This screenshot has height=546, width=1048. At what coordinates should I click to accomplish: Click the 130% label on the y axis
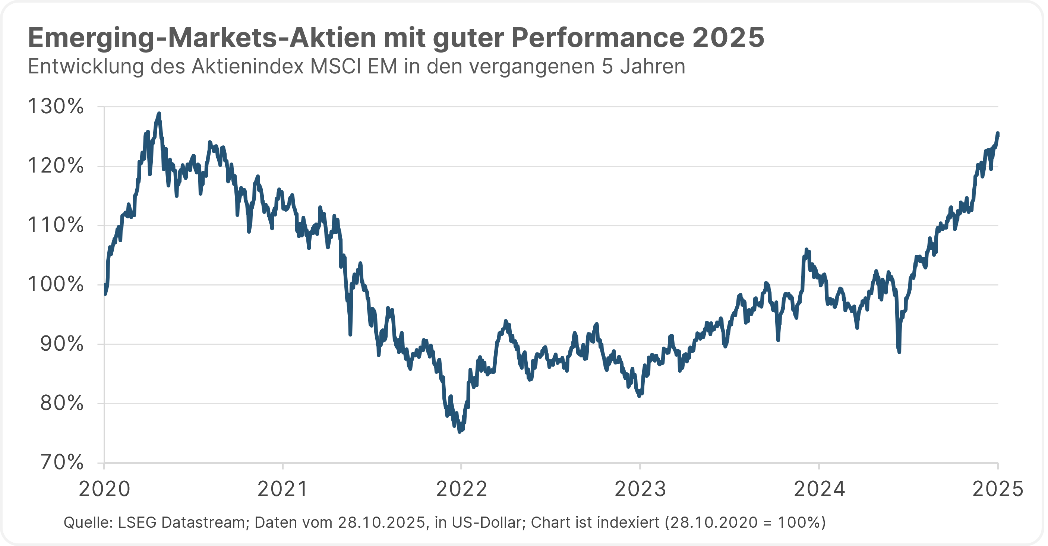point(55,107)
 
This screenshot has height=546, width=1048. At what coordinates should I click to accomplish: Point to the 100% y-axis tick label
point(55,284)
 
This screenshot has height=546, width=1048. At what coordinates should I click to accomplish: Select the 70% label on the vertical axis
point(62,463)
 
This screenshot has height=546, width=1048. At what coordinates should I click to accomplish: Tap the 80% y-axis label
point(62,403)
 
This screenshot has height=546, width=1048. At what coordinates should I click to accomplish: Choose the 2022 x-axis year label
point(461,489)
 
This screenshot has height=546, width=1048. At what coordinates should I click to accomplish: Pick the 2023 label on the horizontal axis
point(640,489)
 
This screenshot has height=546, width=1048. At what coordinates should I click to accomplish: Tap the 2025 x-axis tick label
point(997,489)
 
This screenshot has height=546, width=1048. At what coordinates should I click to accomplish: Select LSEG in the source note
point(137,522)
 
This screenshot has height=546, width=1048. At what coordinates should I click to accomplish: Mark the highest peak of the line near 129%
point(159,114)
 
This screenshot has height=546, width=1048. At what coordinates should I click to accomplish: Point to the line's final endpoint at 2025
point(998,133)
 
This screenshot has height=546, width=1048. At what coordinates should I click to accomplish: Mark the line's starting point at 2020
point(105,293)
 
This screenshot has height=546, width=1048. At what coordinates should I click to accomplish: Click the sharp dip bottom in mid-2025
point(899,351)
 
